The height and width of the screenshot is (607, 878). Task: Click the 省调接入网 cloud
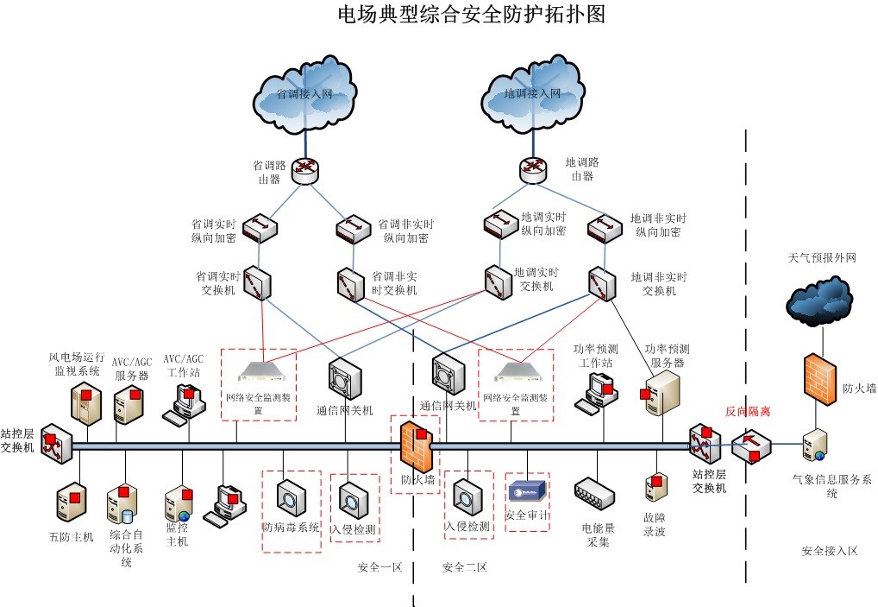pyautogui.click(x=305, y=96)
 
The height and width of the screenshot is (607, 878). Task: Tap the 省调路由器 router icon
pyautogui.click(x=305, y=170)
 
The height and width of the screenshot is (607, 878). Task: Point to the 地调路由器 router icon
pyautogui.click(x=534, y=169)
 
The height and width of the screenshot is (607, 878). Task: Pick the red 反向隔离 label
pyautogui.click(x=747, y=412)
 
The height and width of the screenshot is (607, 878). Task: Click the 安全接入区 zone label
pyautogui.click(x=829, y=550)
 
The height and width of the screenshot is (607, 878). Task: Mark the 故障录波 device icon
pyautogui.click(x=655, y=485)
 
